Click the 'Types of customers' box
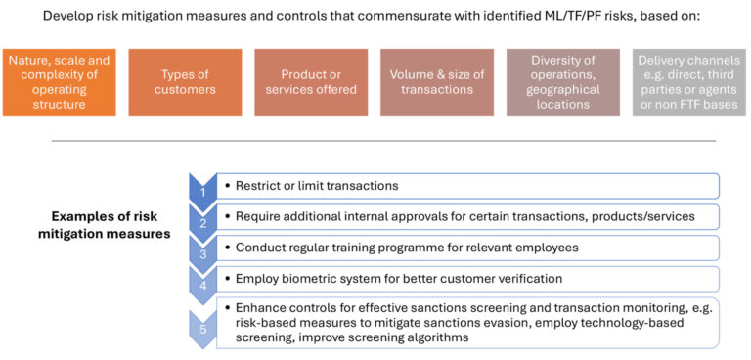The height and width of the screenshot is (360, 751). click(x=185, y=82)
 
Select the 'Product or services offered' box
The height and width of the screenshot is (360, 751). click(x=311, y=82)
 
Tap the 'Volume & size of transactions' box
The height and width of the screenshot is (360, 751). click(x=437, y=82)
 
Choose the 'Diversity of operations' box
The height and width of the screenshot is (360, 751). click(x=563, y=82)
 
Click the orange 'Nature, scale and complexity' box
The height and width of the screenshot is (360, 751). click(x=59, y=82)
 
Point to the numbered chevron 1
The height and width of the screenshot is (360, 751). click(x=202, y=186)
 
